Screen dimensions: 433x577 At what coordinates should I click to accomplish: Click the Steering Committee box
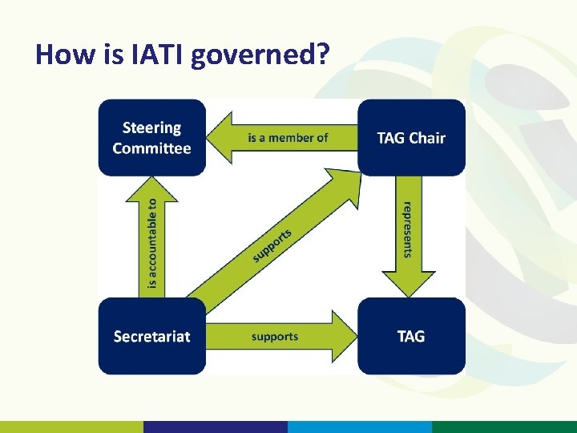pos(152,137)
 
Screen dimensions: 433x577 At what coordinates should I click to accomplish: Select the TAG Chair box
pos(411,137)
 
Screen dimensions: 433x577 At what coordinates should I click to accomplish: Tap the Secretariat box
pos(152,336)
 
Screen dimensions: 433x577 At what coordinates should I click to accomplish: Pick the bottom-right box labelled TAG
pos(411,336)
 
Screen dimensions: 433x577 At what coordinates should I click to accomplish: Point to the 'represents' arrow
pos(408,233)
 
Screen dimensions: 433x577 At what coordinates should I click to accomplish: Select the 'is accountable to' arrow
pos(152,241)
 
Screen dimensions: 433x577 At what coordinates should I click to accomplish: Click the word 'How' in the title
pos(58,55)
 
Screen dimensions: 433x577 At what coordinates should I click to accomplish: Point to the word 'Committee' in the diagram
pos(152,148)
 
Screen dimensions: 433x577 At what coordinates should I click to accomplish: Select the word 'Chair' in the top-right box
pos(427,137)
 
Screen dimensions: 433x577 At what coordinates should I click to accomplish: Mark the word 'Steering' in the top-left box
pos(152,127)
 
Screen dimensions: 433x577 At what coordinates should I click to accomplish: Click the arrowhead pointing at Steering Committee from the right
pos(220,137)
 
